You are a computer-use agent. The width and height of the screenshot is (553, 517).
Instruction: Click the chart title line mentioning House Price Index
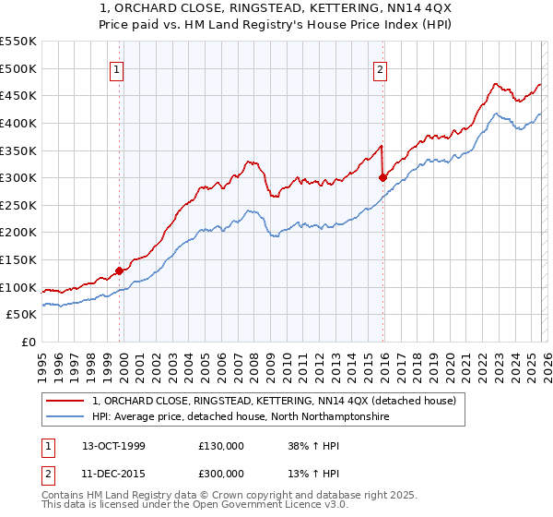(x=276, y=25)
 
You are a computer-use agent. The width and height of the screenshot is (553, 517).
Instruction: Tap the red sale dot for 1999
(x=119, y=271)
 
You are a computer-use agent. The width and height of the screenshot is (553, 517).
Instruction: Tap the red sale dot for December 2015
(x=382, y=178)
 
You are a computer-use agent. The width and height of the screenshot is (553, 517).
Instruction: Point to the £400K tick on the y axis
(x=20, y=123)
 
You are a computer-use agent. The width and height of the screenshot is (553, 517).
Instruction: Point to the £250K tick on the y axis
(x=20, y=205)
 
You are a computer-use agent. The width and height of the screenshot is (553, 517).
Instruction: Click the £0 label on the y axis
(x=29, y=342)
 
